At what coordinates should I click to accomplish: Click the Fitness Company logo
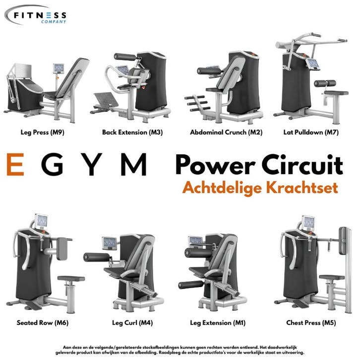coord(36,15)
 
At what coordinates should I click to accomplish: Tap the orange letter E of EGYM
coord(15,165)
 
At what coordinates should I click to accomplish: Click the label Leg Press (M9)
coord(43,132)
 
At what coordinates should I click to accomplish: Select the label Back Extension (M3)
coord(132,132)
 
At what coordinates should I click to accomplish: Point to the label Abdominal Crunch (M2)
coord(226,132)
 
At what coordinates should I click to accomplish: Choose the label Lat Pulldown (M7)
coord(311,132)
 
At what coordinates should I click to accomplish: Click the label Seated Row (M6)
coord(43,323)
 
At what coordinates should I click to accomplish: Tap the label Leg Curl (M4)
coord(132,323)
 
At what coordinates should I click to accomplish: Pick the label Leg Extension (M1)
coord(218,323)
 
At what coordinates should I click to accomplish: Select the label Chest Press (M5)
coord(311,323)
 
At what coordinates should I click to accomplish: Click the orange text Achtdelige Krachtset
coord(260,188)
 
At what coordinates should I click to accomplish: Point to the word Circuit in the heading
coord(302,165)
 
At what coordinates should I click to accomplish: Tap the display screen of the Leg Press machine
coord(59,68)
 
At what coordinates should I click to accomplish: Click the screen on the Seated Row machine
coord(42,222)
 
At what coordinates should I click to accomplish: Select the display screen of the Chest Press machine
coord(308,223)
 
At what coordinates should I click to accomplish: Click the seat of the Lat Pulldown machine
coord(336,93)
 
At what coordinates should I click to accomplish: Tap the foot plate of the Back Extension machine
coord(106,100)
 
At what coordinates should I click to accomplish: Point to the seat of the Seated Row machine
coord(71,279)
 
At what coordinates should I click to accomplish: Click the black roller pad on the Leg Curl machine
coord(97,257)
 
